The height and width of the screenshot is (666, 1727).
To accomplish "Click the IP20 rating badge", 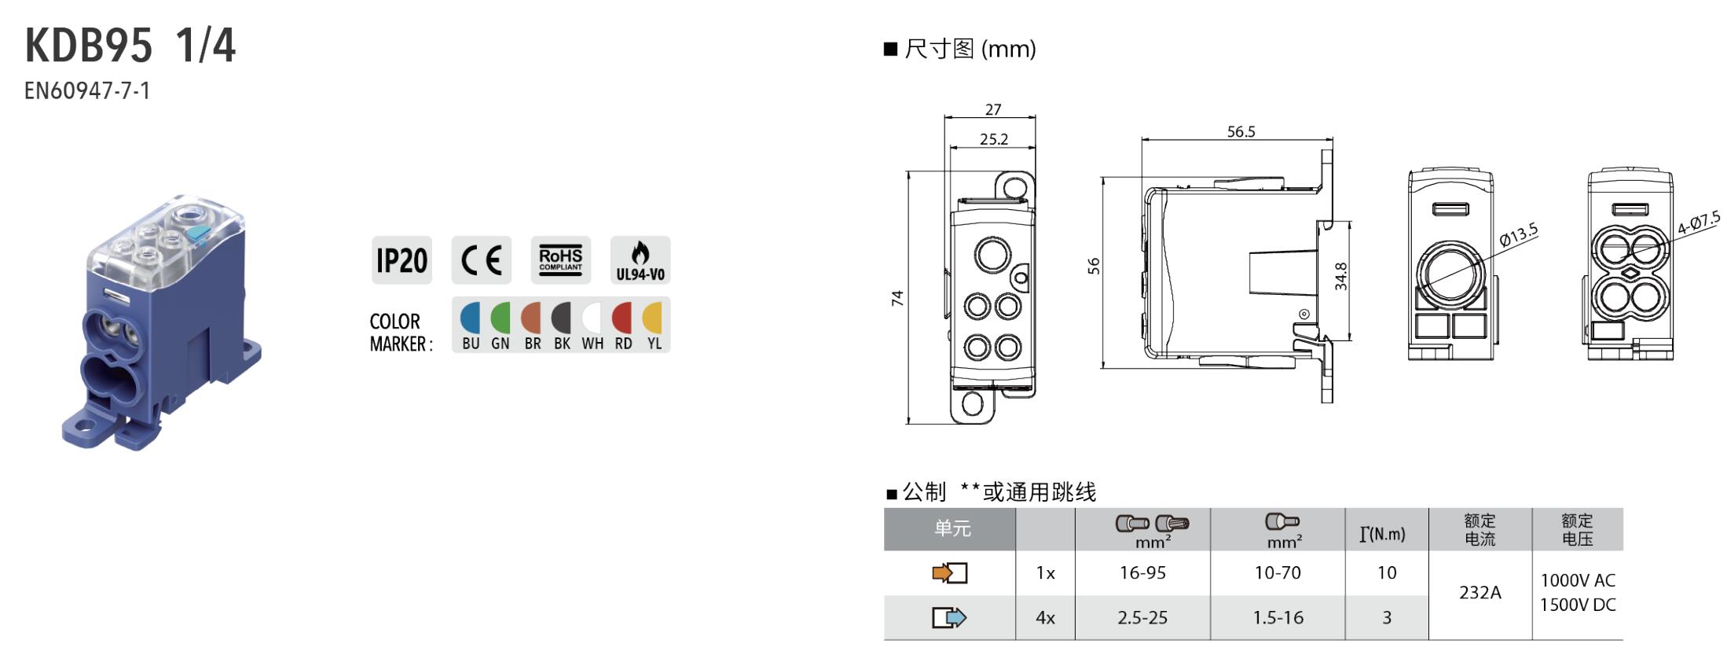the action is [x=401, y=260].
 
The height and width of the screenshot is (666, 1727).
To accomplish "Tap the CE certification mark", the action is [x=481, y=260].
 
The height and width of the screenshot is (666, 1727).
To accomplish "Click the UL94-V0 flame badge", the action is [x=640, y=260].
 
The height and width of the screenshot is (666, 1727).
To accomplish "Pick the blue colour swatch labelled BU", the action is [x=470, y=318].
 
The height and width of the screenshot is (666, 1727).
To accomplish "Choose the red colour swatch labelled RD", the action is [x=622, y=318].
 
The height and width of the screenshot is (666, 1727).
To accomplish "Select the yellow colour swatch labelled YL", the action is [x=653, y=318].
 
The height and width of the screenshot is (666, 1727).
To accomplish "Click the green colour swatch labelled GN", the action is [x=500, y=318].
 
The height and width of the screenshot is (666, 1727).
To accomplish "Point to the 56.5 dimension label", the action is [x=1241, y=131].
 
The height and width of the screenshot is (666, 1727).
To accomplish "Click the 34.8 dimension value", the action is [x=1341, y=276].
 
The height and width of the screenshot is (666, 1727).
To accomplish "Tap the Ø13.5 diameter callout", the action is [x=1518, y=235].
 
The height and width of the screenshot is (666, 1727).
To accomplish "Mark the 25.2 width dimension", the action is [x=994, y=139].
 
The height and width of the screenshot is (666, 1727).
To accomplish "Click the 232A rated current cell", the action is [x=1480, y=592].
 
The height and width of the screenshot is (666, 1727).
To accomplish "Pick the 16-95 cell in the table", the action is [x=1142, y=572].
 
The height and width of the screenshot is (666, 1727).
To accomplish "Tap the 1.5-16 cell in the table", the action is [x=1278, y=617].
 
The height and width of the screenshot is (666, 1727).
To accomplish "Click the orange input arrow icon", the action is [x=949, y=572].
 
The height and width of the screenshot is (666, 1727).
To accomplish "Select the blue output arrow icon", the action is [x=949, y=617].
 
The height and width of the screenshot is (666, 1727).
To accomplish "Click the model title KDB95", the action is [x=89, y=46].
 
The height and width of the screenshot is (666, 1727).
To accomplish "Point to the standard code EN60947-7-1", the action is [x=87, y=91].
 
